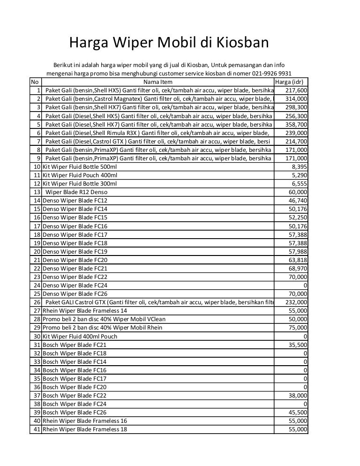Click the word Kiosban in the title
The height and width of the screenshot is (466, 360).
coord(242,43)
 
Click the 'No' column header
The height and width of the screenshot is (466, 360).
coord(35,82)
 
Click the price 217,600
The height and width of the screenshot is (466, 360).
coord(296,90)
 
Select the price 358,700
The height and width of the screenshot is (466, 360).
coord(296,124)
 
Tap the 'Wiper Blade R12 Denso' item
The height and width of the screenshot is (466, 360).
coord(76,192)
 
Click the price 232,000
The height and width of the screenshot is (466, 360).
coord(296,302)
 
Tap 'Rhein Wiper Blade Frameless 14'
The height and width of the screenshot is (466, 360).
coord(85,310)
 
